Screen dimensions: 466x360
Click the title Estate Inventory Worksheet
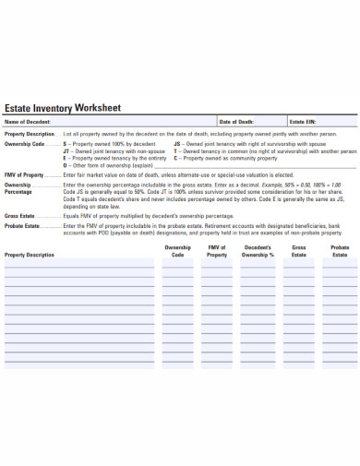pyautogui.click(x=64, y=106)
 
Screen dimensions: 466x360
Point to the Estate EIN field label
pyautogui.click(x=303, y=122)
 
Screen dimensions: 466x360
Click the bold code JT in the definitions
pyautogui.click(x=66, y=150)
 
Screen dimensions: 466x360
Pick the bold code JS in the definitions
pyautogui.click(x=176, y=145)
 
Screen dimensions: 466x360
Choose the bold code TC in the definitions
pyautogui.click(x=176, y=150)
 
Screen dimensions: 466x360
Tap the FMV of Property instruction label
pyautogui.click(x=24, y=174)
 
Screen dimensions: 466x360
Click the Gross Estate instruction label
pyautogui.click(x=20, y=214)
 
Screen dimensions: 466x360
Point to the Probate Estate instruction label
pyautogui.click(x=22, y=225)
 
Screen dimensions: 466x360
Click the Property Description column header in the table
pyautogui.click(x=30, y=255)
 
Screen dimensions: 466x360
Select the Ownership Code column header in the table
pyautogui.click(x=177, y=251)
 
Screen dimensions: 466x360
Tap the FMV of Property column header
pyautogui.click(x=217, y=251)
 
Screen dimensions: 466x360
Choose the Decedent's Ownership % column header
pyautogui.click(x=258, y=251)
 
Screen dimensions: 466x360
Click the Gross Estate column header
pyautogui.click(x=299, y=251)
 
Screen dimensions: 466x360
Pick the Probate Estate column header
pyautogui.click(x=339, y=251)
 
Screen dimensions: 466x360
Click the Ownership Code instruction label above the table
pyautogui.click(x=25, y=145)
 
